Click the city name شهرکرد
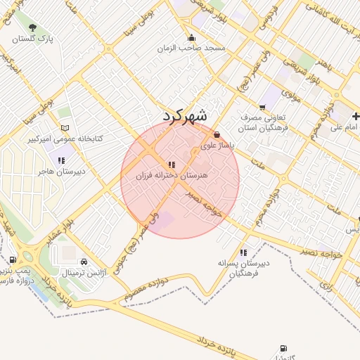click(186, 116)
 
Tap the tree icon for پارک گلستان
click(32, 28)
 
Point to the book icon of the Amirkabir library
click(65, 128)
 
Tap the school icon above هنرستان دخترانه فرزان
click(172, 164)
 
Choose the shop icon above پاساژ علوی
click(216, 134)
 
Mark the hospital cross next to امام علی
click(356, 115)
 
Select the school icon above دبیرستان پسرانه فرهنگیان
click(243, 252)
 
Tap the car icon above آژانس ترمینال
click(84, 261)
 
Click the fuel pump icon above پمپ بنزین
click(13, 259)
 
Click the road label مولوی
click(292, 94)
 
